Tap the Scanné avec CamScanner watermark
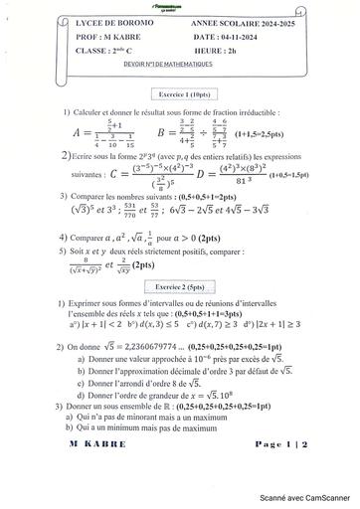[308, 500]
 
